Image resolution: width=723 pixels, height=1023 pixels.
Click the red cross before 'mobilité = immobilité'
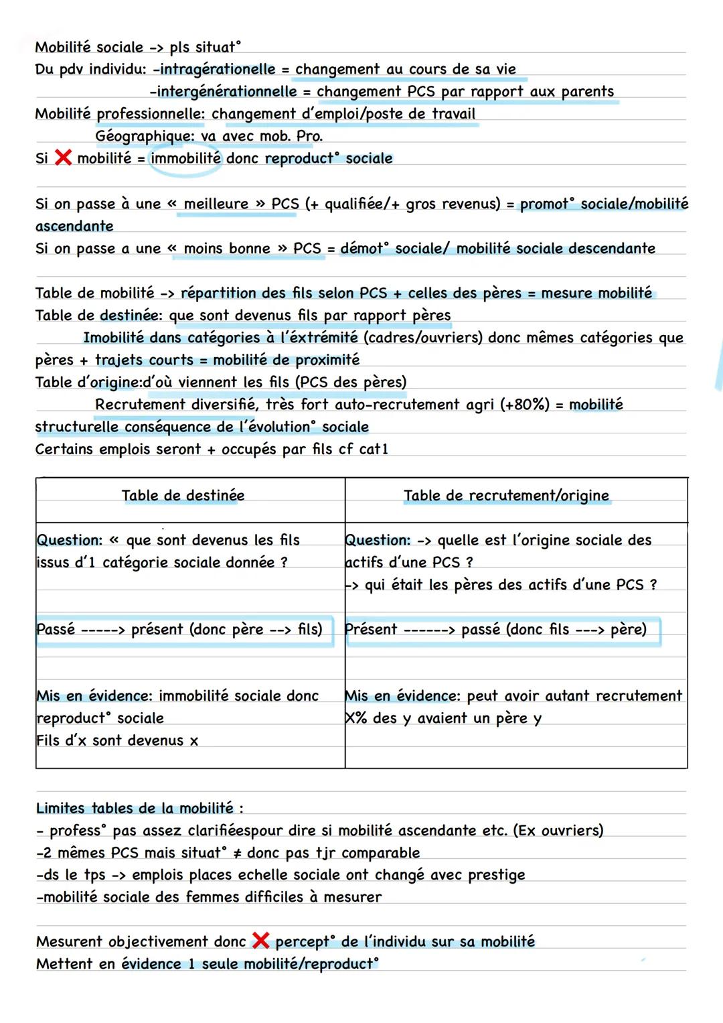(x=63, y=158)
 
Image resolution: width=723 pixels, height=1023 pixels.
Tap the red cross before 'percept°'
(x=260, y=941)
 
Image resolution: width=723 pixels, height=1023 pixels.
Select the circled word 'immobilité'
(x=185, y=158)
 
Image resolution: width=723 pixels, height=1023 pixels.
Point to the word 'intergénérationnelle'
(x=226, y=91)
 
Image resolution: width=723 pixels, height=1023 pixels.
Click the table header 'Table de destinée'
(x=183, y=496)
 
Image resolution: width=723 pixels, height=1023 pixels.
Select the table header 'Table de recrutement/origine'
(x=506, y=496)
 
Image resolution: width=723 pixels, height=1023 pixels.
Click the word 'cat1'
(x=374, y=449)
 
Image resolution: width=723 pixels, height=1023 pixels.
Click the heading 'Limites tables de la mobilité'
(x=139, y=808)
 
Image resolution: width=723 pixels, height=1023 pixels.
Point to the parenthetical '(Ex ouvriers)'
(x=558, y=831)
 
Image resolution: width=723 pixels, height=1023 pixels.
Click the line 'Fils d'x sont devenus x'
(x=117, y=740)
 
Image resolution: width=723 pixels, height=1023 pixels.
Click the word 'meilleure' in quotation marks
(x=216, y=204)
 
